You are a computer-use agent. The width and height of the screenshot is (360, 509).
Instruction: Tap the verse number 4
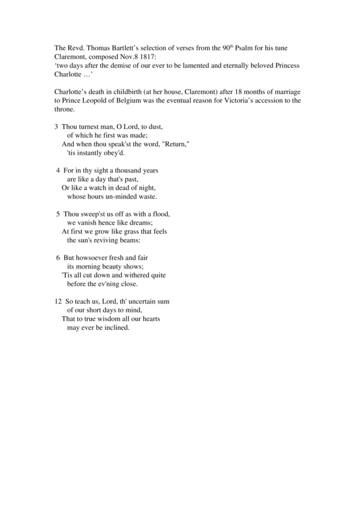point(58,171)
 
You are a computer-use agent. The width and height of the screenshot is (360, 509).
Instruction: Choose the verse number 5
point(58,214)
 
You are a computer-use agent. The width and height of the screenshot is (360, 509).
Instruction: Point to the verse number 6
point(58,258)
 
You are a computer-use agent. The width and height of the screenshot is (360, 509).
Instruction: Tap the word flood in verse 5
point(161,214)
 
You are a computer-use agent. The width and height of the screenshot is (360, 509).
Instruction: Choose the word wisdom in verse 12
point(102,319)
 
